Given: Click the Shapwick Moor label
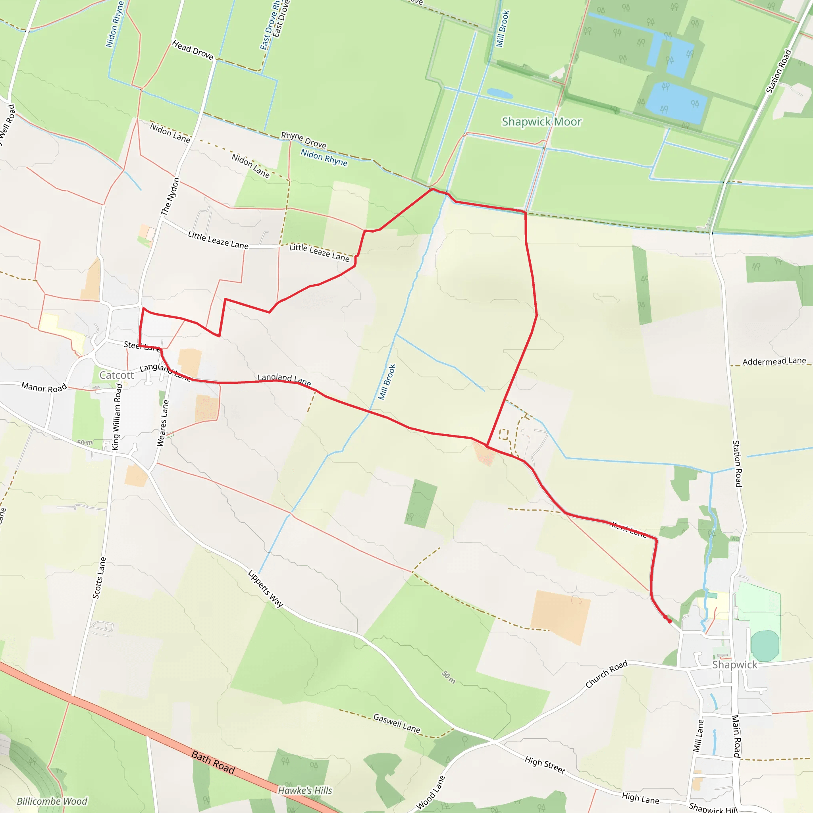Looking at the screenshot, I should (x=541, y=122).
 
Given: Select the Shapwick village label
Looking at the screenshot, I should (x=734, y=665).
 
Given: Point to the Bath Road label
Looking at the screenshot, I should (x=213, y=762).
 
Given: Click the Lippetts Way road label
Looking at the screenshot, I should (x=266, y=589).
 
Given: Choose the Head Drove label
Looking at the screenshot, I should (x=193, y=50).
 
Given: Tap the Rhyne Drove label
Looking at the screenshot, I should (x=303, y=140).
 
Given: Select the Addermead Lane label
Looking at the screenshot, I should (x=774, y=361).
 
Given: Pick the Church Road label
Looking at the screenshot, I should (x=607, y=674).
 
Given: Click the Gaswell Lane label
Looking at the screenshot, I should (x=397, y=723).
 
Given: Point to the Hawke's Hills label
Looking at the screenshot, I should (x=305, y=791).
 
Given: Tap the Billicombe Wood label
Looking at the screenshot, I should (x=52, y=801).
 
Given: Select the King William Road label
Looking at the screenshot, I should (x=117, y=416).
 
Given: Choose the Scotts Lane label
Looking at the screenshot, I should (x=99, y=578).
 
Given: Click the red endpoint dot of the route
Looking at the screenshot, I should (x=669, y=621).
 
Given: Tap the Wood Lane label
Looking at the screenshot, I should (x=430, y=793).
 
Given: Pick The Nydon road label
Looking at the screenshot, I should (x=170, y=197).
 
